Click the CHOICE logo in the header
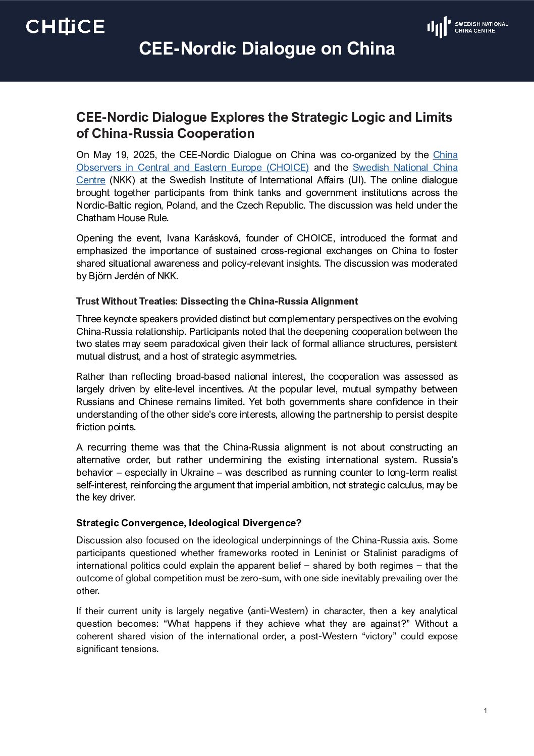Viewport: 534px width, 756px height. click(x=65, y=27)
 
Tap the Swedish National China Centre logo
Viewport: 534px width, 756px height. click(x=467, y=27)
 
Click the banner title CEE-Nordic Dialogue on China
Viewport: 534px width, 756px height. click(x=266, y=49)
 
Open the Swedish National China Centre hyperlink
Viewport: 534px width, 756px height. click(x=405, y=168)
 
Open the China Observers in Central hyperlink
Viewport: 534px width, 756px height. click(x=192, y=168)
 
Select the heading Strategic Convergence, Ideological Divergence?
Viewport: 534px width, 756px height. click(x=188, y=523)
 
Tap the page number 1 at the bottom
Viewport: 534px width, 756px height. click(x=485, y=711)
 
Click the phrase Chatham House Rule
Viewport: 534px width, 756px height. click(x=122, y=218)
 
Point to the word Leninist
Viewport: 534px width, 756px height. click(x=330, y=553)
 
